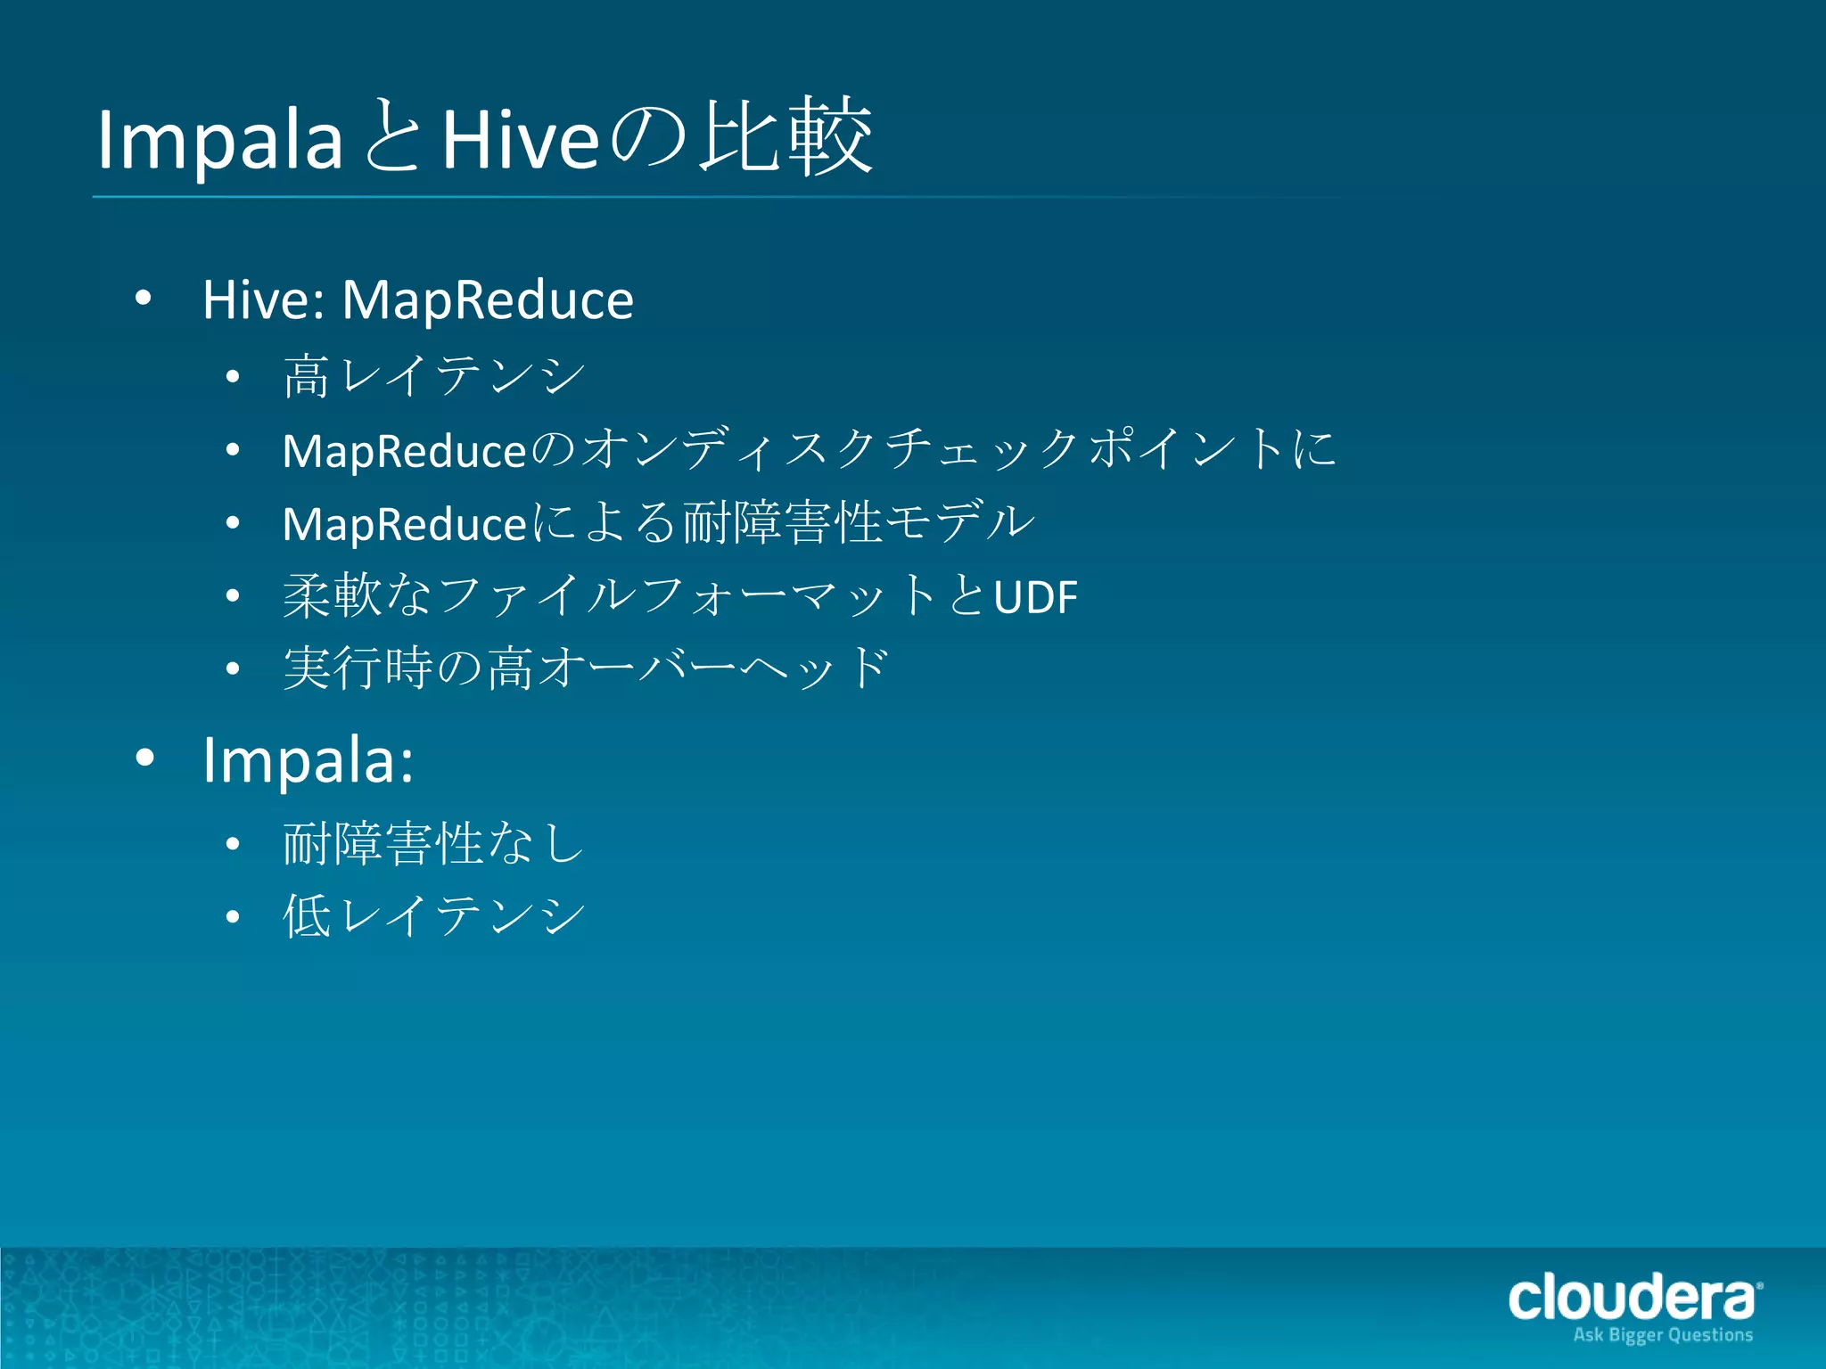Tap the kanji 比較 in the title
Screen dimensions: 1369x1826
click(785, 137)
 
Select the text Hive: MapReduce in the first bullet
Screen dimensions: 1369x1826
click(417, 299)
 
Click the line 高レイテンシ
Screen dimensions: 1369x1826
click(433, 375)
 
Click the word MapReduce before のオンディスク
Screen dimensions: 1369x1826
click(404, 450)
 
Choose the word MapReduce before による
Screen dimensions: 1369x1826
click(404, 523)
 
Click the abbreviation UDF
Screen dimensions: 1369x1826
click(1035, 597)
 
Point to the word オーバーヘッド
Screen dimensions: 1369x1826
click(714, 668)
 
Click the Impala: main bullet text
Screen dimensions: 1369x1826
click(308, 760)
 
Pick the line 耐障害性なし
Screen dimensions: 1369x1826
click(433, 843)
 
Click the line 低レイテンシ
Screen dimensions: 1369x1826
click(433, 916)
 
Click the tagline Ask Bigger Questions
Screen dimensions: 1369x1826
click(1663, 1335)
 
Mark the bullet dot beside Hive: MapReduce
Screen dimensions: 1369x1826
click(144, 299)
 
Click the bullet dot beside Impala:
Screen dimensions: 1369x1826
click(144, 758)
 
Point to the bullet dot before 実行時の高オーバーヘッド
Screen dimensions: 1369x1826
click(233, 668)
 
